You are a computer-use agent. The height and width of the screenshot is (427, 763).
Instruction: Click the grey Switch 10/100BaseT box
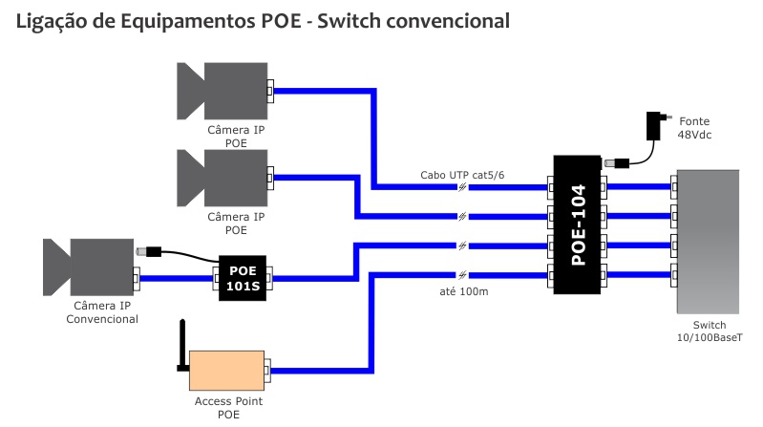tap(708, 241)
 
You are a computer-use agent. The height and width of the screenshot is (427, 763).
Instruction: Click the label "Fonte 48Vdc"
tap(695, 129)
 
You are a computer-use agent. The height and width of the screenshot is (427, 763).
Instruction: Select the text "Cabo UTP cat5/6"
tap(461, 176)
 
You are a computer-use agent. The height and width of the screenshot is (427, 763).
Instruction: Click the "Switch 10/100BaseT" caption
tap(708, 331)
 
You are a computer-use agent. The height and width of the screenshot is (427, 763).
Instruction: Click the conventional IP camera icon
tap(87, 267)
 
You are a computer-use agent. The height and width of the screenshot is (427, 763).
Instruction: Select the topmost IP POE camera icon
tap(221, 91)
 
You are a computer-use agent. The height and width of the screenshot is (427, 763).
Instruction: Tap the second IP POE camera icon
tap(221, 178)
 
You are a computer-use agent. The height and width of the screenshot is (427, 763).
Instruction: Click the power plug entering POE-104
tap(618, 163)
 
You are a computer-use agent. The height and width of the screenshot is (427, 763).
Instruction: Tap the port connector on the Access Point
tap(268, 367)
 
